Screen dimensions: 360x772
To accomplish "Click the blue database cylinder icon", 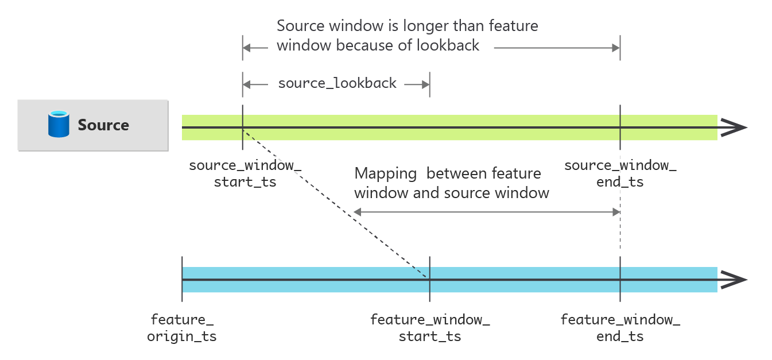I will [x=59, y=125].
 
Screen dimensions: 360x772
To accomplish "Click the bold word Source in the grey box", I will [x=103, y=125].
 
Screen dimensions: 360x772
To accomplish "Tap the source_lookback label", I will [x=337, y=83].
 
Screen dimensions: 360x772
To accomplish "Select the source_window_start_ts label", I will [x=245, y=174].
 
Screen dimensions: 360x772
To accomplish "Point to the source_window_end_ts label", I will [x=620, y=174].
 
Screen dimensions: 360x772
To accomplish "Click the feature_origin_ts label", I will [x=182, y=328].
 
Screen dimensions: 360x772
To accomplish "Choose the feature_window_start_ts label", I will [x=430, y=328].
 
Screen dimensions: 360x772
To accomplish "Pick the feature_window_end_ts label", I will [x=620, y=328].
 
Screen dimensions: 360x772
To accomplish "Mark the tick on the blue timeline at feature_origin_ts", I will [x=182, y=280].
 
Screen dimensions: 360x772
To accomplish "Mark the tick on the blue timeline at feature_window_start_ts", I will [x=430, y=280].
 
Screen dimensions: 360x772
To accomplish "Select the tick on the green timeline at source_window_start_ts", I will [x=243, y=127].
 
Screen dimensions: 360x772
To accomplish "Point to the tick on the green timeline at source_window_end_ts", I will [x=620, y=127].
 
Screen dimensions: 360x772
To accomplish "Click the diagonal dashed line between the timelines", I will [x=336, y=203].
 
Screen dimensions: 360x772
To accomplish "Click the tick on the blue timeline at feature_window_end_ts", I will [x=620, y=280].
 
